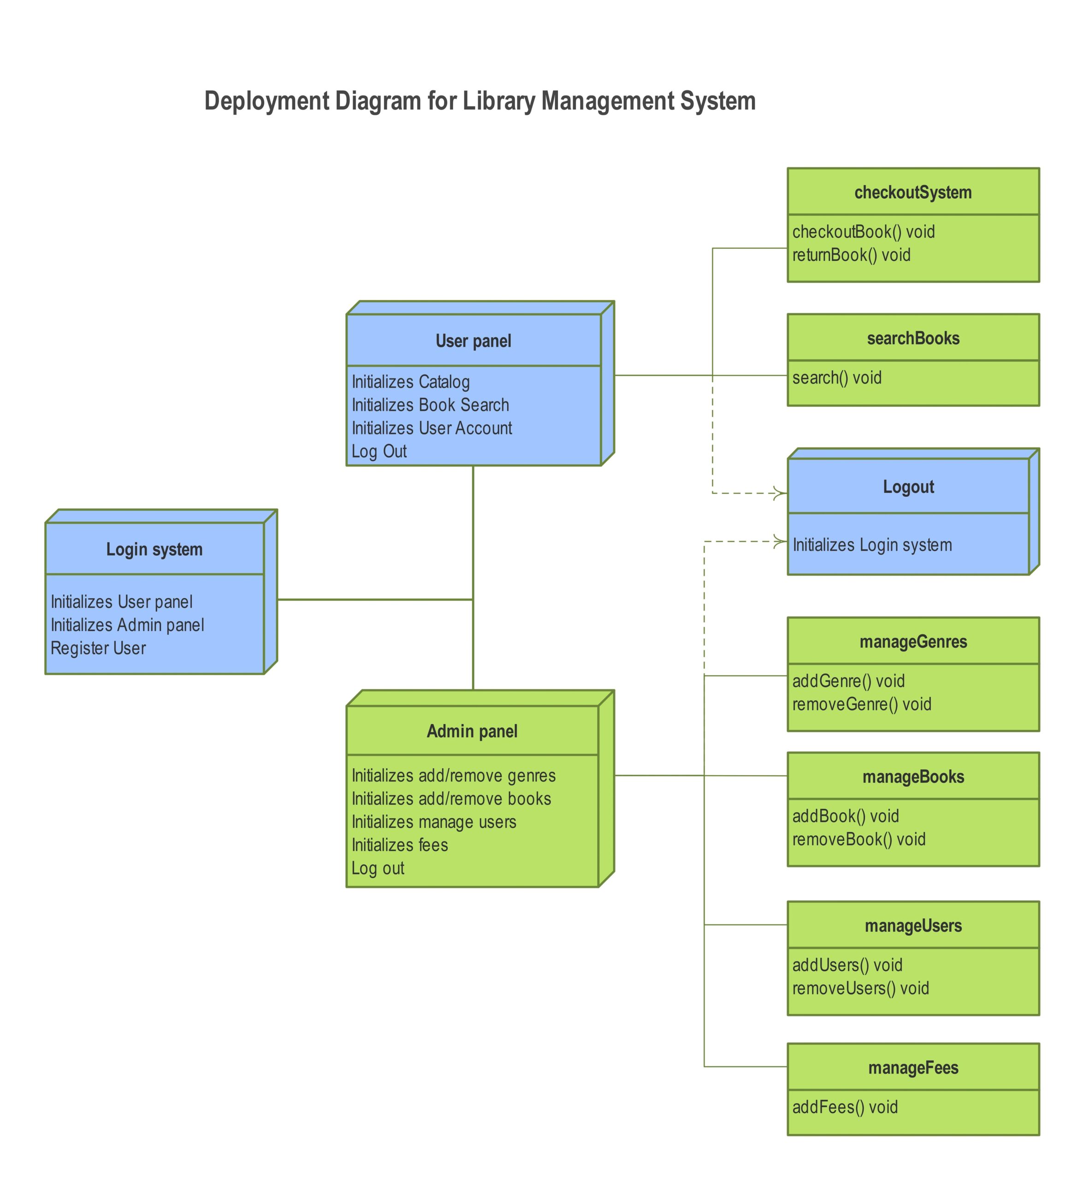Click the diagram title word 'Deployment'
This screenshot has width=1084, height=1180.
coord(267,101)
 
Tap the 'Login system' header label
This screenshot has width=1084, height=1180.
coord(154,549)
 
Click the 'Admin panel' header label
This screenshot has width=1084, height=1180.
coord(472,732)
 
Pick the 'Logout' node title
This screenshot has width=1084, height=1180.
coord(908,487)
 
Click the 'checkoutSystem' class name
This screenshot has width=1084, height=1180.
coord(913,192)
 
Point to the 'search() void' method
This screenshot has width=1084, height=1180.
coord(836,378)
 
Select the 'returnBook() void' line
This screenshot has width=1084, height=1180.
coord(851,255)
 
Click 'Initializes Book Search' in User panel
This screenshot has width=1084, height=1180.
coord(430,405)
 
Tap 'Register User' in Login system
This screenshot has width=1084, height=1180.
coord(98,648)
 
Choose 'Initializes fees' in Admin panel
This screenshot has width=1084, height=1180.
coord(399,845)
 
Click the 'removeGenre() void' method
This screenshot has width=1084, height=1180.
coord(861,704)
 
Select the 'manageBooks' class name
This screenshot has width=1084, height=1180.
coord(913,777)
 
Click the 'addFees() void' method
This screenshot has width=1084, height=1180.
coord(845,1107)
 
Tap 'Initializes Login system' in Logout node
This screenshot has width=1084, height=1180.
coord(871,545)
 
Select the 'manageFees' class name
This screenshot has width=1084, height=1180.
coord(913,1068)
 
